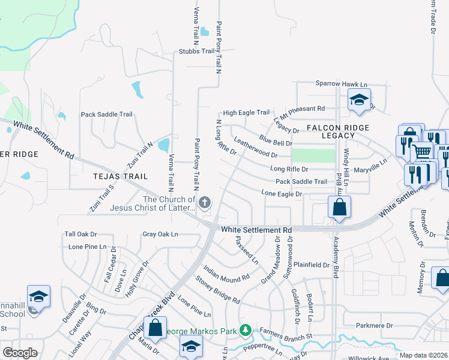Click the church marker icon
pos(205,202)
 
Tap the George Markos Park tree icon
pos(245,330)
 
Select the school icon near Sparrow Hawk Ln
pos(358,100)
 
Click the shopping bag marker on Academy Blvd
pos(339,208)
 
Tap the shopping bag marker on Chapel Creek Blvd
pos(155,328)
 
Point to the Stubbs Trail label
pos(196,51)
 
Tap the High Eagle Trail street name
pos(246,112)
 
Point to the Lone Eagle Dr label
pos(281,193)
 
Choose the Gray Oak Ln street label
pos(160,234)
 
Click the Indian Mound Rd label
pos(226,274)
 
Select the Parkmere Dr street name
pos(373,326)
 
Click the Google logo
pos(20,353)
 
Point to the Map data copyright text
pos(423,355)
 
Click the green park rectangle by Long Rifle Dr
pos(313,155)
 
